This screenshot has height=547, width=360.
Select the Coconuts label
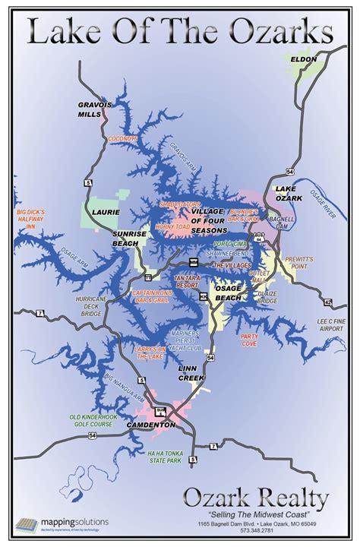click(x=122, y=139)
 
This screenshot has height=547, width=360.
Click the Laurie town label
click(x=100, y=213)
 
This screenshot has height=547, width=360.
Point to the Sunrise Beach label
click(x=129, y=238)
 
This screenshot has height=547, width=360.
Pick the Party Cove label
click(x=249, y=340)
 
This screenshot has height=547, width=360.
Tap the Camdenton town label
click(x=151, y=425)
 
